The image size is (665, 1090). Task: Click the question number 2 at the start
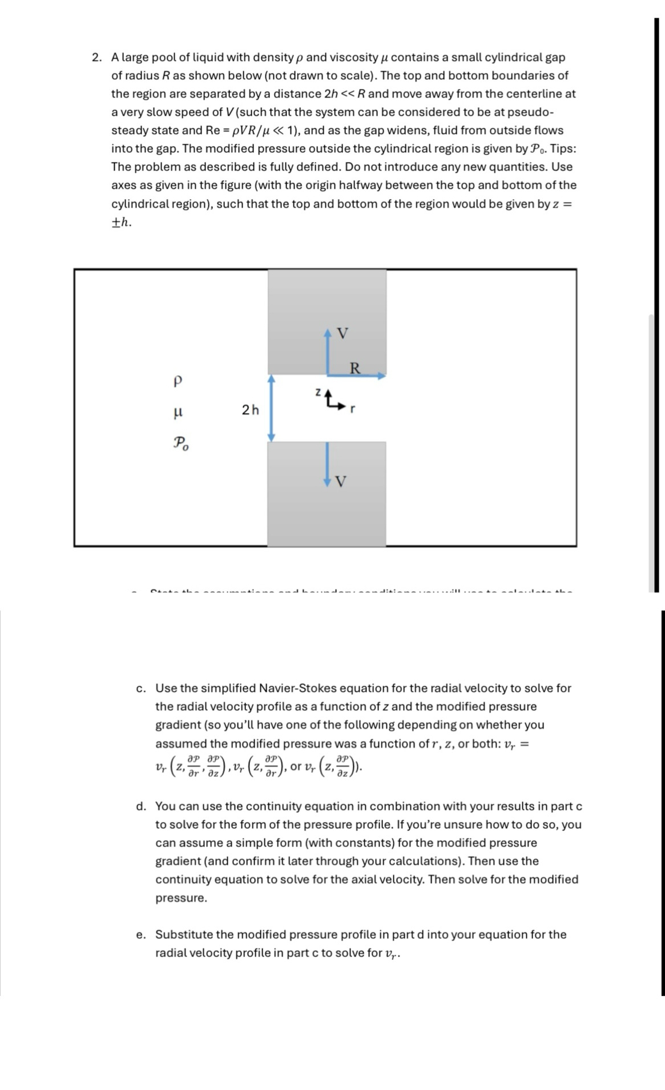pos(96,58)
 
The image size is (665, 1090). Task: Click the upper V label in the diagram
pos(342,334)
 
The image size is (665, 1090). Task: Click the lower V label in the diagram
pos(341,483)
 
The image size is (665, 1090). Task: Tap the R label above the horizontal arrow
pos(354,368)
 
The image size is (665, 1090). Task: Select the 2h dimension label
pos(250,410)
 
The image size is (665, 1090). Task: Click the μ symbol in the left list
pos(178,411)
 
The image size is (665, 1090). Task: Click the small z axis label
pos(317,392)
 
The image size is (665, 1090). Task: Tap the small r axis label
pos(353,409)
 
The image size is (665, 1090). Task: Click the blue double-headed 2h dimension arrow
pos(272,408)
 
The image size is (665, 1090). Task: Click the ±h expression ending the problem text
pos(121,222)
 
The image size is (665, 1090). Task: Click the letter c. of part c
pos(141,688)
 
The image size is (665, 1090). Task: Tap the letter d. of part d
pos(141,807)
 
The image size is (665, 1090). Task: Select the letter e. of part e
pos(141,935)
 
